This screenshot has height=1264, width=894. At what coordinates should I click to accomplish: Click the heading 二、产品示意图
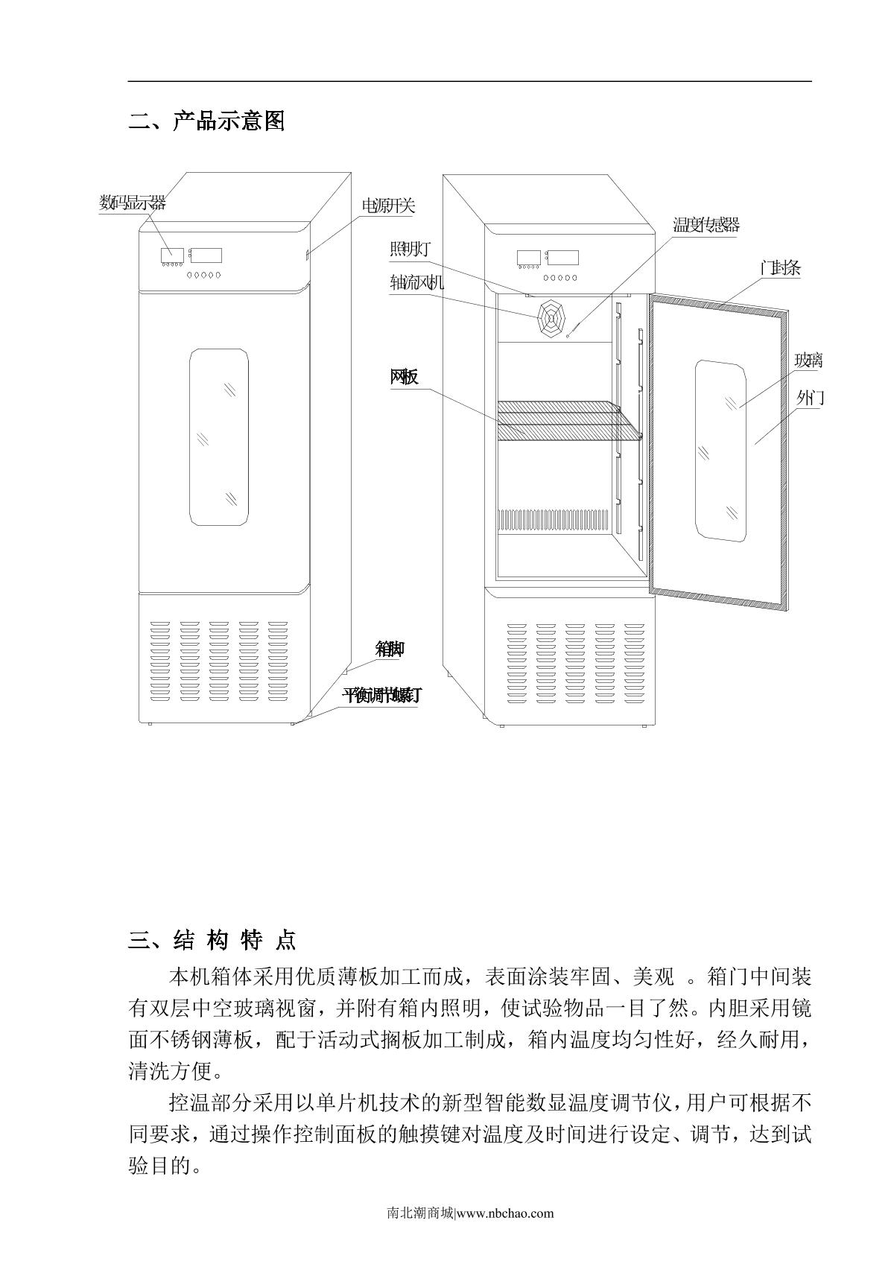point(207,121)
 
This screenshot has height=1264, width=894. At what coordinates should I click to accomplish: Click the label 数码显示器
point(133,203)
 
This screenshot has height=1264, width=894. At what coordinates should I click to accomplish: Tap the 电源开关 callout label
point(387,206)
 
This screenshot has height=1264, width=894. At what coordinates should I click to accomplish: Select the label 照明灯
point(410,250)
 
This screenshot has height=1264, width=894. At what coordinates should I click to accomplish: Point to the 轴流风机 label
point(416,283)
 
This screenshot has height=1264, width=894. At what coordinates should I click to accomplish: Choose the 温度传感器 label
point(706,225)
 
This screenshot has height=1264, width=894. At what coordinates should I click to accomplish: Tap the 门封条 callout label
point(780,269)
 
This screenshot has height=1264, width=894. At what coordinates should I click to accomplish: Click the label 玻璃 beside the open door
point(808,361)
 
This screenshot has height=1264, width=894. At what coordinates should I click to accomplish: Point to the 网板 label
point(404,377)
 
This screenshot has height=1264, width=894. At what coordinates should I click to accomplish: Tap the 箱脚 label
point(390,650)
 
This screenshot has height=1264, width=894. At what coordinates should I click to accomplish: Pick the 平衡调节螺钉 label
point(381,696)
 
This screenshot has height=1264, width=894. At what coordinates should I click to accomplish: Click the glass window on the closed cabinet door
point(218,436)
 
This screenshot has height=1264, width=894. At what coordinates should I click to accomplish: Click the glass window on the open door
point(720,450)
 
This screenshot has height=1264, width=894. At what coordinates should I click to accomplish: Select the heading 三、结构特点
point(212,940)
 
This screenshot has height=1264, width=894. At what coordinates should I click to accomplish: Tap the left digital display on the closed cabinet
point(171,255)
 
